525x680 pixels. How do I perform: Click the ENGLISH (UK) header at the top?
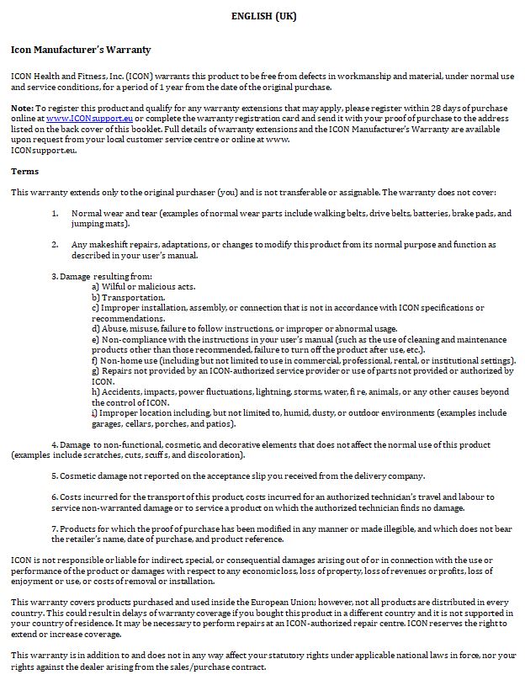pos(263,15)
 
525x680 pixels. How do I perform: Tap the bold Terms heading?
pos(24,171)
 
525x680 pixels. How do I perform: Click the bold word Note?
pos(22,109)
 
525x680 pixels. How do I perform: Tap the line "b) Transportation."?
pos(128,297)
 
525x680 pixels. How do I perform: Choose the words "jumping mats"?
pos(99,224)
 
